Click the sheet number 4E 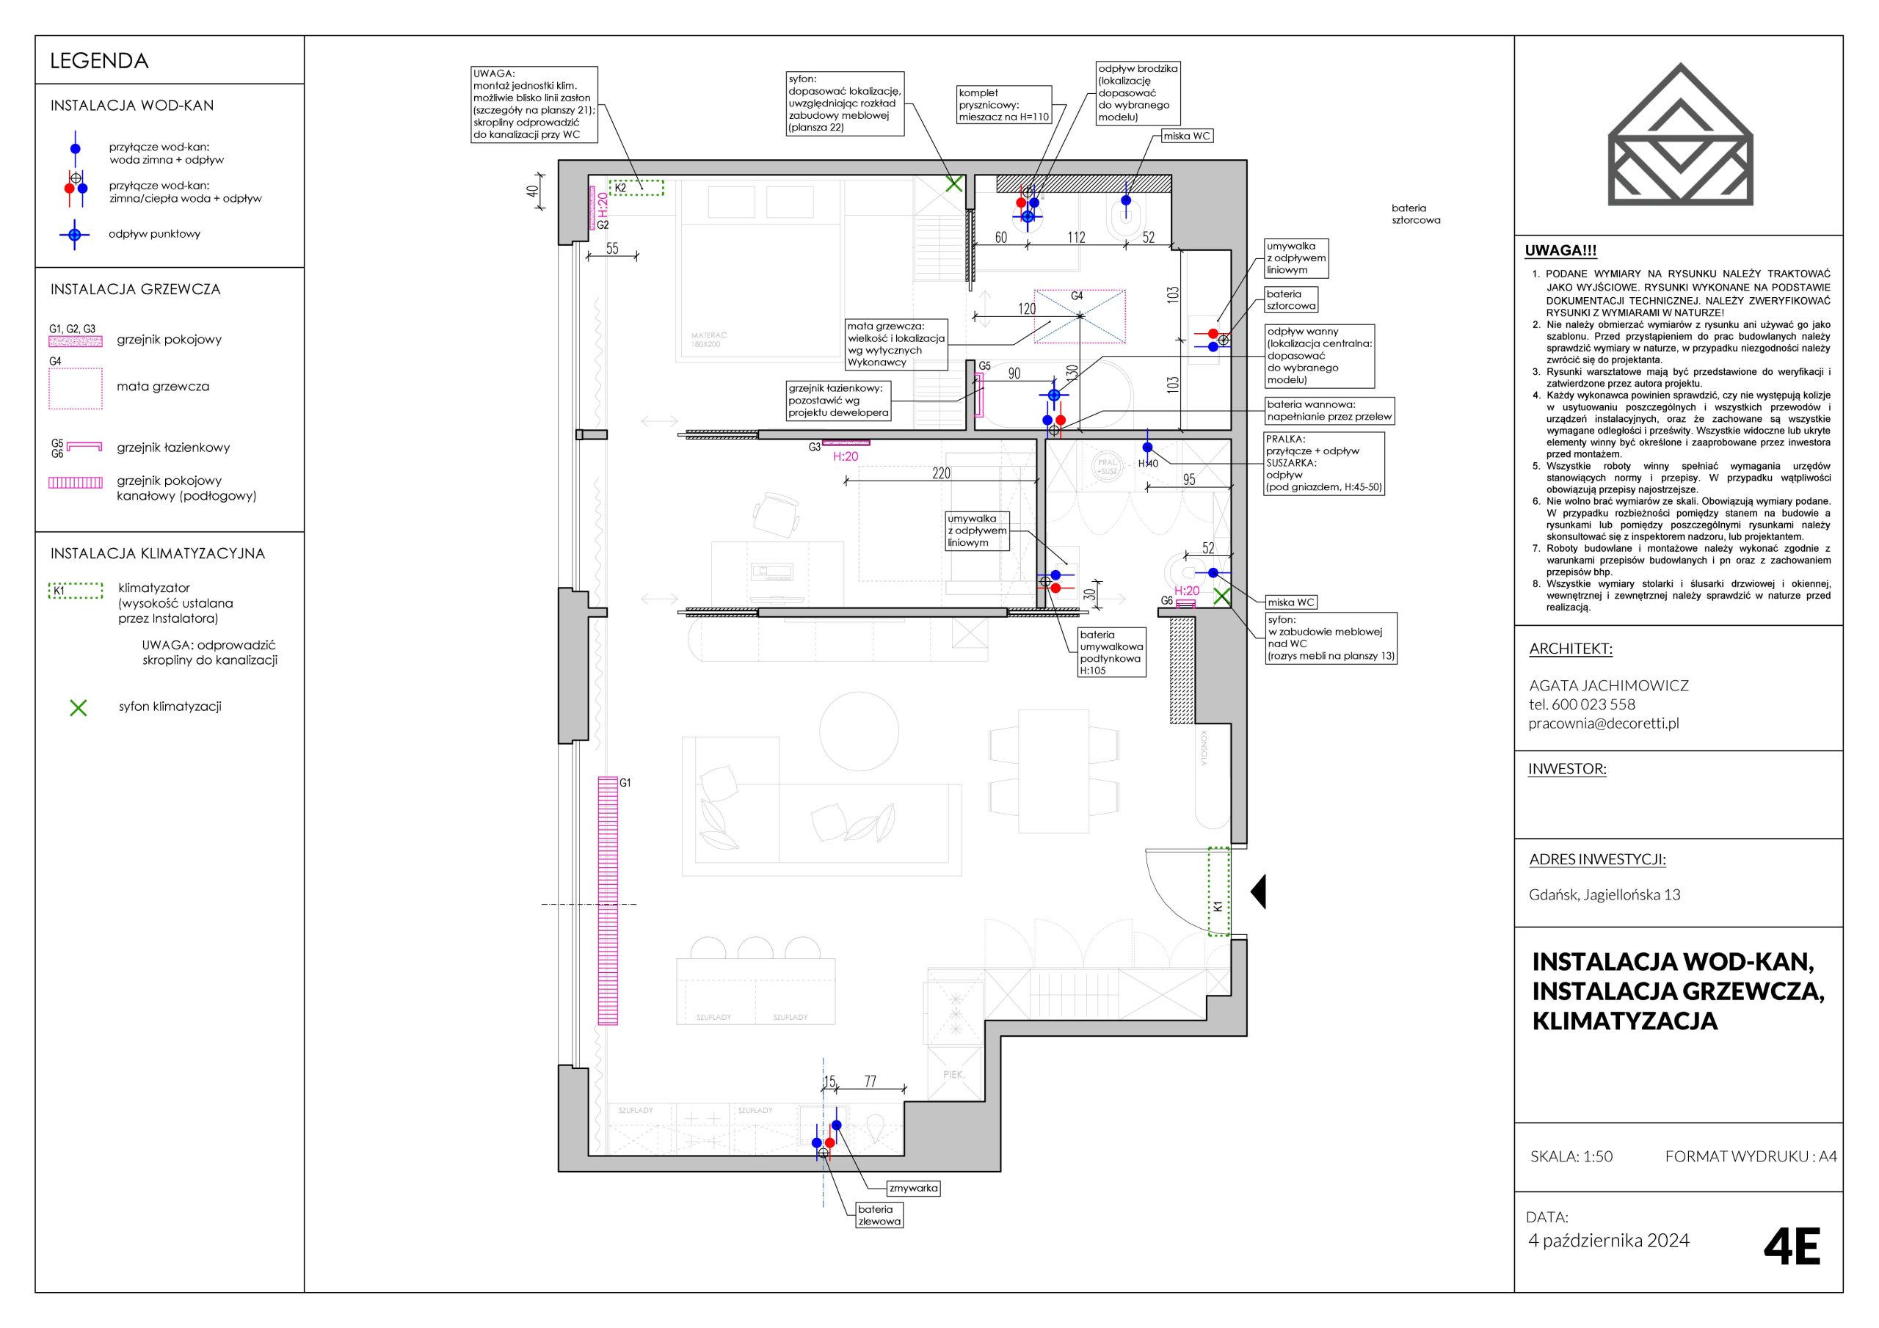[x=1792, y=1247]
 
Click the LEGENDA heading [x=99, y=62]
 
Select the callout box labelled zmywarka [x=913, y=1188]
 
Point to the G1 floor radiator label [x=625, y=783]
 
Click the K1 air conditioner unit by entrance [x=1219, y=891]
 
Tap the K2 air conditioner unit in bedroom [x=636, y=187]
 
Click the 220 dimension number [x=941, y=473]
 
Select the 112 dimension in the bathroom [x=1076, y=237]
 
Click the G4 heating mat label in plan [x=1077, y=296]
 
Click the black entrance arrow [x=1258, y=891]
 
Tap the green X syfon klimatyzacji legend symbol [x=79, y=708]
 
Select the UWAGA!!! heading [x=1560, y=251]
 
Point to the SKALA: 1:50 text [x=1571, y=1156]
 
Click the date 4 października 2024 [x=1609, y=1241]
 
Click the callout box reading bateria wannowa [x=1329, y=411]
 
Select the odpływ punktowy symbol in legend [x=74, y=235]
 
